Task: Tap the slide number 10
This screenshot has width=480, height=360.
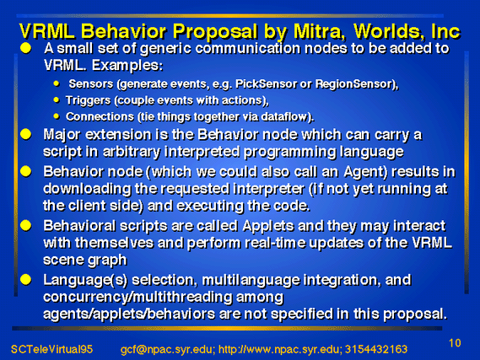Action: pos(455,343)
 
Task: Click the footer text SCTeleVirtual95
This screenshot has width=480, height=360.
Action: pos(51,349)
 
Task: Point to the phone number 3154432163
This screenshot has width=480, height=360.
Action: pos(376,349)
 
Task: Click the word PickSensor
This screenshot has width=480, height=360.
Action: pos(266,83)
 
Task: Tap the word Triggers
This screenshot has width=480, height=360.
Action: pos(89,100)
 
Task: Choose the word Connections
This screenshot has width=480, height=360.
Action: pos(100,117)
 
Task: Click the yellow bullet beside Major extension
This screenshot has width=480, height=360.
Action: pos(26,134)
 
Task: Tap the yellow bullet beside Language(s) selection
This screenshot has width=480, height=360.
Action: pos(26,279)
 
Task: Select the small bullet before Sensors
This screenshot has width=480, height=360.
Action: pos(57,83)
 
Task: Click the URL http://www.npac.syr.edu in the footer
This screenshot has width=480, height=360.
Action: pos(278,349)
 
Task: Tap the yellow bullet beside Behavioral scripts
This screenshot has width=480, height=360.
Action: pos(26,226)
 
